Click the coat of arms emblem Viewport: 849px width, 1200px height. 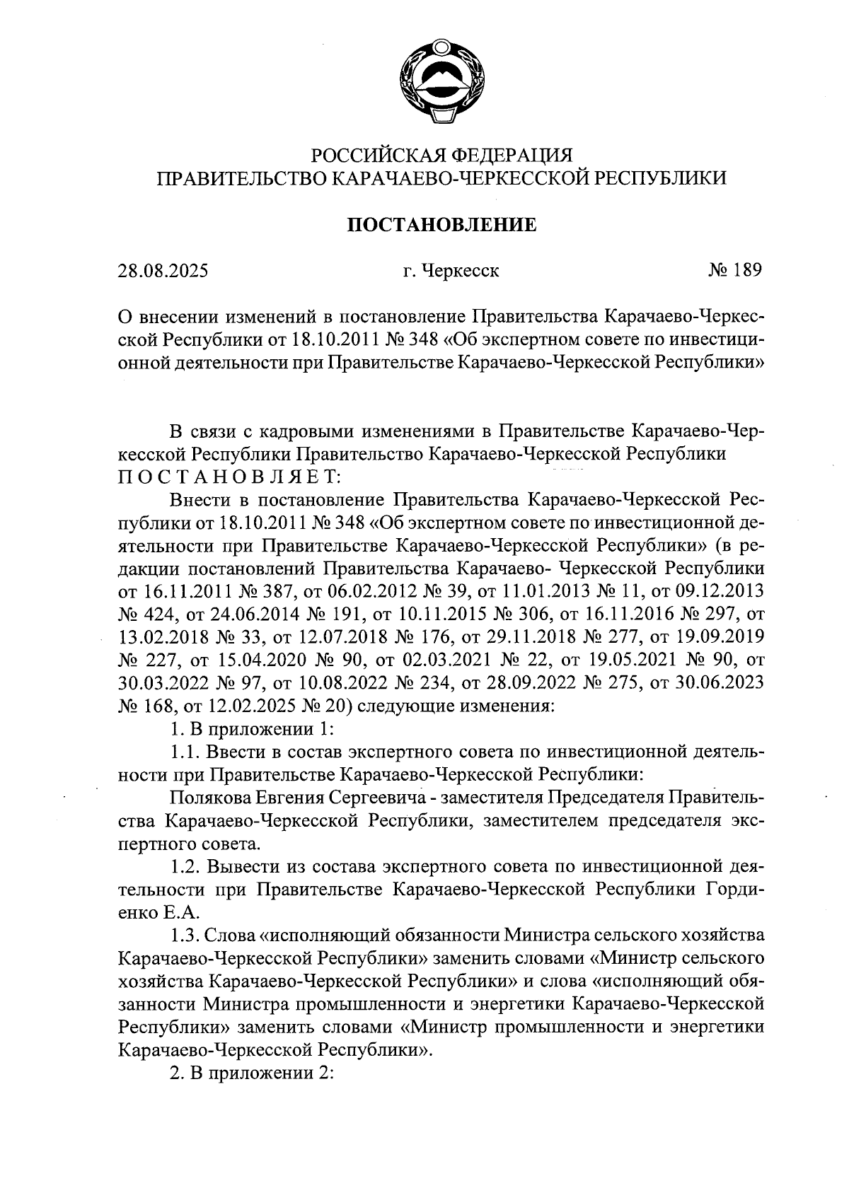(x=441, y=83)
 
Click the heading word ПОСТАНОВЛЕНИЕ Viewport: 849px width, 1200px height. (x=441, y=226)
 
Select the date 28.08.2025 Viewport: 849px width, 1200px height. (x=163, y=271)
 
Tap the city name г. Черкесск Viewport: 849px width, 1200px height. (x=451, y=271)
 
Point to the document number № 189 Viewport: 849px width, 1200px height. (x=734, y=270)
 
